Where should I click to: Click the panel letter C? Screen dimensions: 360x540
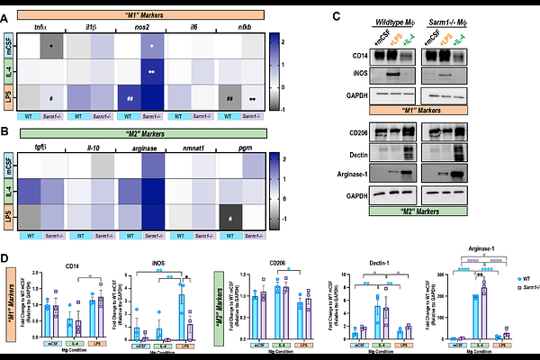coord(337,16)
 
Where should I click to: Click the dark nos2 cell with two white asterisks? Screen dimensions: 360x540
coord(154,67)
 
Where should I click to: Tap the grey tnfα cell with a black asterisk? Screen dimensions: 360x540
coord(54,43)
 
